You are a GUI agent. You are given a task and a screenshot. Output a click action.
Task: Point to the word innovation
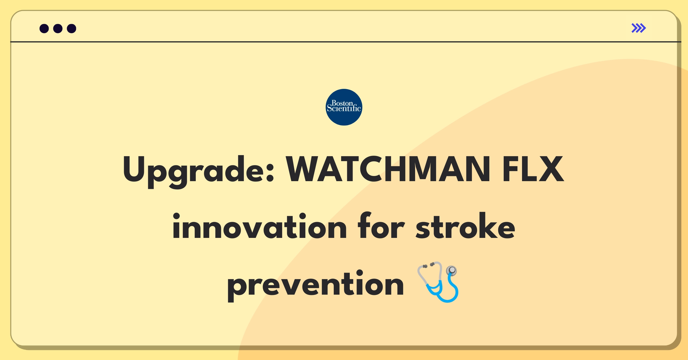(259, 226)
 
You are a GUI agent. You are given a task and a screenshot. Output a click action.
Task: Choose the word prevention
(315, 284)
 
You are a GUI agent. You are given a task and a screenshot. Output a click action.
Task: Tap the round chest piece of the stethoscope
(452, 270)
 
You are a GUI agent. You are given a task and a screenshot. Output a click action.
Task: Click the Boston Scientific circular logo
(344, 107)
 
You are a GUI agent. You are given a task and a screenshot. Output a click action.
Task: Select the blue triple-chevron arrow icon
(638, 28)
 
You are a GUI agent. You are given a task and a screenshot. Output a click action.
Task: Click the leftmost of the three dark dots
(44, 29)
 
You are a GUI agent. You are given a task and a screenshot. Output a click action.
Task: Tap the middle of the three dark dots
(58, 29)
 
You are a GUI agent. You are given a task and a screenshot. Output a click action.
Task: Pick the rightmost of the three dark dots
(71, 29)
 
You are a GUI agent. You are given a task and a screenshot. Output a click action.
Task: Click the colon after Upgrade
(270, 174)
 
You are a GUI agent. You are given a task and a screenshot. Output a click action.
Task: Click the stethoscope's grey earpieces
(428, 265)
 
